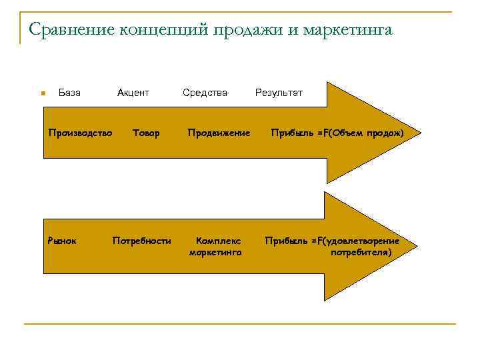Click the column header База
69,93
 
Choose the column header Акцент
133,93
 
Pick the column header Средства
205,93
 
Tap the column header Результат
279,93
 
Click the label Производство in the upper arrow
80,133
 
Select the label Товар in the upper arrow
146,133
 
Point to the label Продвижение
219,133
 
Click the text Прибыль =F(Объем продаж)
337,133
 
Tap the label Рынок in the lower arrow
62,240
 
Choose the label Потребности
142,240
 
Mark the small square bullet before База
42,93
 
